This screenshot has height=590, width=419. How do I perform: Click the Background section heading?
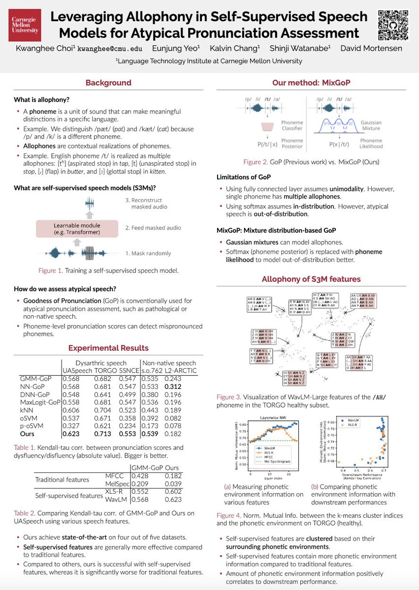click(x=108, y=83)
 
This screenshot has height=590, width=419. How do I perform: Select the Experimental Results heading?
click(x=109, y=348)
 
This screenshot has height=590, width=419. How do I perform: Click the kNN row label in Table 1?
click(x=26, y=411)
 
